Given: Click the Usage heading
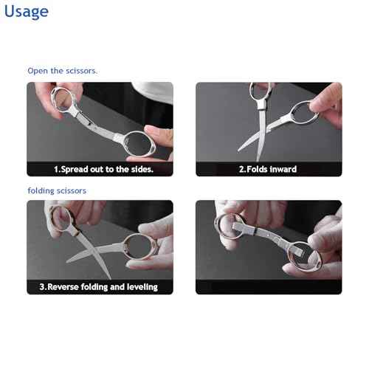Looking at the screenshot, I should (27, 12).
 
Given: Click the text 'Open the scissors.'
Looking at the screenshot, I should (63, 71).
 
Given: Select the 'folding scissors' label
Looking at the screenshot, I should (57, 190).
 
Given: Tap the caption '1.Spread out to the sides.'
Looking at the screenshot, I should (103, 170).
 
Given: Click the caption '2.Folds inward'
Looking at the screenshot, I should (267, 170).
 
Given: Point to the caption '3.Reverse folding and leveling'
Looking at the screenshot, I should (98, 286).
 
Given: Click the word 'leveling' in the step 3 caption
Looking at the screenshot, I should (141, 286).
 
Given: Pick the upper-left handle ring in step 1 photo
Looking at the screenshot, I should (68, 96).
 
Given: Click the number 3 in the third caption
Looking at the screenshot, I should (42, 286).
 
